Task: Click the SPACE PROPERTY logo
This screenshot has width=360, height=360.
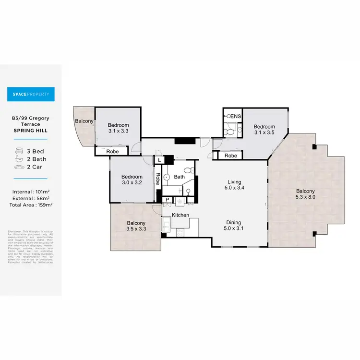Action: [x=31, y=94]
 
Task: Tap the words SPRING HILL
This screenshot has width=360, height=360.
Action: [x=31, y=131]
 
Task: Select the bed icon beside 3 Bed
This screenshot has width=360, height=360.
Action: [x=20, y=151]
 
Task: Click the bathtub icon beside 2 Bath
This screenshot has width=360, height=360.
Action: [x=20, y=159]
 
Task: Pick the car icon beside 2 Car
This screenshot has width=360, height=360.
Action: [x=20, y=167]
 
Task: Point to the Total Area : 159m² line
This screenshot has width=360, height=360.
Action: [x=31, y=204]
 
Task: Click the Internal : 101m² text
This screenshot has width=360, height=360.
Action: [x=31, y=192]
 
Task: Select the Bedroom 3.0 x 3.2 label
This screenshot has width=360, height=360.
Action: [x=132, y=179]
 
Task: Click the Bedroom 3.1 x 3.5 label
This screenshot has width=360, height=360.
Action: [x=264, y=130]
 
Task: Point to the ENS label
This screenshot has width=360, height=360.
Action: [x=236, y=117]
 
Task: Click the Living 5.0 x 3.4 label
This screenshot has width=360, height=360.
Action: [x=234, y=184]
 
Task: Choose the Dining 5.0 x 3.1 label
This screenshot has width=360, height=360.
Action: [x=234, y=225]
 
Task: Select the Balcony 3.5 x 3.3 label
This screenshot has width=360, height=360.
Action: [x=136, y=226]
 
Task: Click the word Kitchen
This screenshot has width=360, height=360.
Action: [x=180, y=215]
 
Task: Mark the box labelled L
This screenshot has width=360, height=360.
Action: [x=159, y=160]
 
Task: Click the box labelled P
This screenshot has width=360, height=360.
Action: [x=167, y=200]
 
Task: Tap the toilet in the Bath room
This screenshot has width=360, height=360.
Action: [x=191, y=170]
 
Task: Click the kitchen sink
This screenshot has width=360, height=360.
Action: [x=166, y=224]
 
